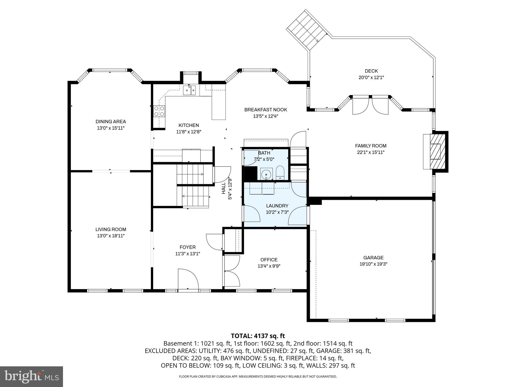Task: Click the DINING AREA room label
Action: coord(111,122)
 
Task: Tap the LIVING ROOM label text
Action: coord(111,230)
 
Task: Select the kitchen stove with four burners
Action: coord(159,111)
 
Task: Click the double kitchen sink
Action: coord(189,90)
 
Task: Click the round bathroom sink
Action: coord(266,174)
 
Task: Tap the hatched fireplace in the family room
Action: coord(435,151)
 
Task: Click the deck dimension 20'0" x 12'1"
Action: coord(371,78)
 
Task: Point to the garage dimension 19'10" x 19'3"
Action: coord(373,264)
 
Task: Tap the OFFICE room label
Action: coord(269,260)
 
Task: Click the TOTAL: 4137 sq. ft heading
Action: coord(258,336)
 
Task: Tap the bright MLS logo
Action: coord(31,376)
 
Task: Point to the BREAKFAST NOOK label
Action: coord(266,110)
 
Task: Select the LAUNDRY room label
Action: coord(277,206)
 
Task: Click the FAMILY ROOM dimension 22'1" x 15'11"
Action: coord(371,152)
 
